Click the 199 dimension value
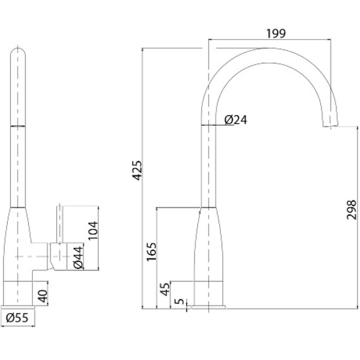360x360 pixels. [276, 33]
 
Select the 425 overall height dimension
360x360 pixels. [138, 171]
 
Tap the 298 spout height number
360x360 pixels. [351, 210]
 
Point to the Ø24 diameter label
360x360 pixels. [236, 120]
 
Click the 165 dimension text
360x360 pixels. [152, 252]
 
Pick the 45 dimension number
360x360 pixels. [165, 289]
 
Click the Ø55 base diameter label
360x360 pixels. [17, 318]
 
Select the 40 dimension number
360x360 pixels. [42, 296]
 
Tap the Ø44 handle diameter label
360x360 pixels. [78, 257]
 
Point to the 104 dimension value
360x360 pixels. [93, 230]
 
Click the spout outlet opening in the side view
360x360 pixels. [331, 126]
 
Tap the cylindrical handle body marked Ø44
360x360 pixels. [58, 256]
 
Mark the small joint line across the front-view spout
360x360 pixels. [18, 126]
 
